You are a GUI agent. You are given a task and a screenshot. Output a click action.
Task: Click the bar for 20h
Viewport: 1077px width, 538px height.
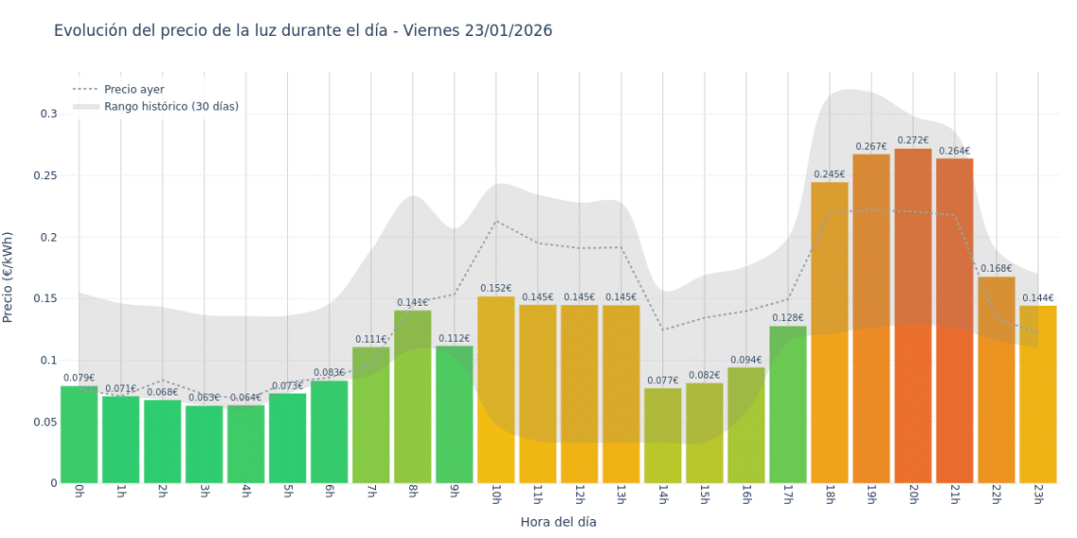click(913, 316)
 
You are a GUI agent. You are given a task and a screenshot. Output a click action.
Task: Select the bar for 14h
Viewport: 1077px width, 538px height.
click(662, 435)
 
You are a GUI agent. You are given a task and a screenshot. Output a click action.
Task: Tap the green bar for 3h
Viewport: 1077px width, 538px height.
click(204, 444)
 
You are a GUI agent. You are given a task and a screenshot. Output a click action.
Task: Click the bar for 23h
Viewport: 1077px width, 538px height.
click(1037, 395)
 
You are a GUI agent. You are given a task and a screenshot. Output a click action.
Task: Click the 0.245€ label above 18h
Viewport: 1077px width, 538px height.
click(829, 174)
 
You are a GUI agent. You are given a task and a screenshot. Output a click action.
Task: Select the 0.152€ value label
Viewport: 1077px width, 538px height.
click(496, 289)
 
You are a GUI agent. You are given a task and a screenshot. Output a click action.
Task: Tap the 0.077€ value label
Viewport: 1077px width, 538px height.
click(662, 381)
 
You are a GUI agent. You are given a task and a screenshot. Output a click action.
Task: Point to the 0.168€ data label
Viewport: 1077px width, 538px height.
click(996, 269)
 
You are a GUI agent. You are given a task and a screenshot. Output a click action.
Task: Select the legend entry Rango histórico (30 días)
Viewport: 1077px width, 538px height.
click(171, 107)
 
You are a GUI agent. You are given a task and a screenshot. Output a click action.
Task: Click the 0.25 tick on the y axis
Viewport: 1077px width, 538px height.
click(43, 176)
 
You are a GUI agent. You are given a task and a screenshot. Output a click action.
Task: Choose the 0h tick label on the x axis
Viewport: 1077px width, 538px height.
click(78, 496)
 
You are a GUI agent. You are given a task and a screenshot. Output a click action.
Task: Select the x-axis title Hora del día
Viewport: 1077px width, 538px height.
click(558, 521)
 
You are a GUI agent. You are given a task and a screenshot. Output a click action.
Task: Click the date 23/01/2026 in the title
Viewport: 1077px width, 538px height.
click(508, 30)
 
